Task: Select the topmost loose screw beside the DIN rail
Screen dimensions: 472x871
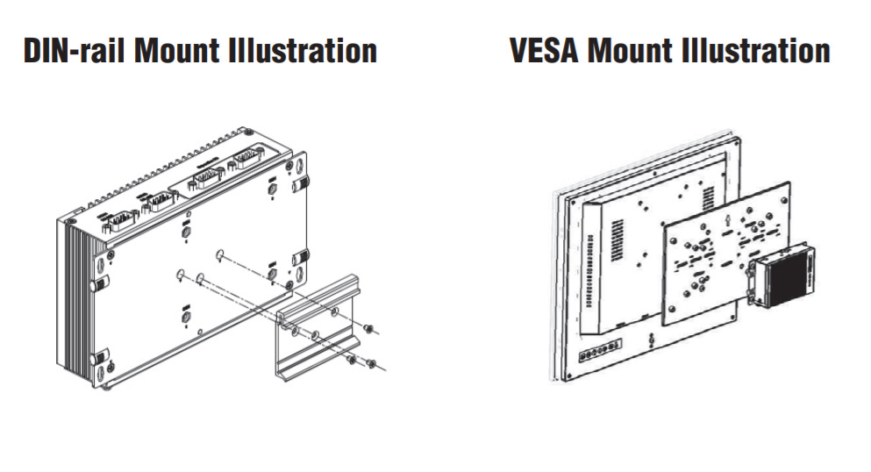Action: (x=369, y=328)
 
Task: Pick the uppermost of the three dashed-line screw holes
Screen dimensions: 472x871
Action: (x=219, y=256)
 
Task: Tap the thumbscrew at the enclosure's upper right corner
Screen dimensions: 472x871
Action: (x=301, y=183)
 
